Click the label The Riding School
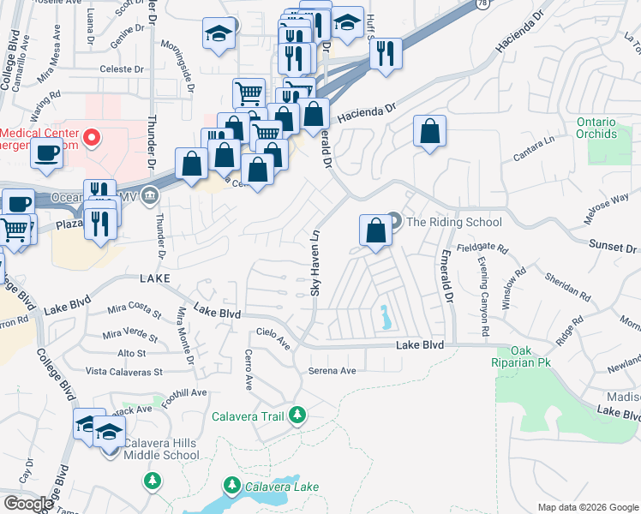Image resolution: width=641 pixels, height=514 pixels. coord(454,222)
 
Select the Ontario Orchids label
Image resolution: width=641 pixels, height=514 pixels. coord(596,128)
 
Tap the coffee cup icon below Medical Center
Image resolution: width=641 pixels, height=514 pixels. coord(45,153)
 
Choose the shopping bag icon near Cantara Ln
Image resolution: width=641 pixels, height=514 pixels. coord(429,132)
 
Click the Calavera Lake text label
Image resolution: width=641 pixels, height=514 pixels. coord(282,487)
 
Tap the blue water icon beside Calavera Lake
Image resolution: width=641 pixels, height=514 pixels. coord(231,487)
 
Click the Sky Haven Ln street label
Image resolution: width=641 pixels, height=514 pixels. coord(315,263)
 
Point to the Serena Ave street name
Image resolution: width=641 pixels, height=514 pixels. coord(332,371)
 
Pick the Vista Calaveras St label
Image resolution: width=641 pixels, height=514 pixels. coord(124,372)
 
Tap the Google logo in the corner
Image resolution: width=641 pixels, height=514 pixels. coord(27,504)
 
